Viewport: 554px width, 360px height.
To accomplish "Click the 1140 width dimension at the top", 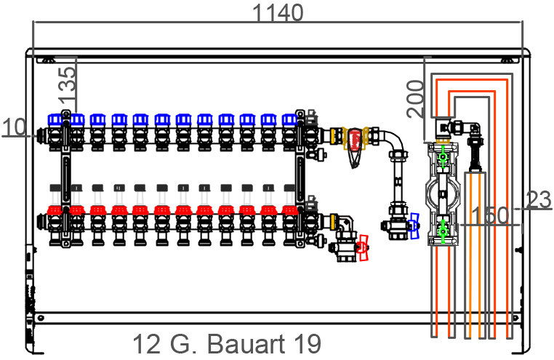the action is (278, 13).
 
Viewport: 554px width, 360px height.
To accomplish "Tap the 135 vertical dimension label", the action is (67, 85).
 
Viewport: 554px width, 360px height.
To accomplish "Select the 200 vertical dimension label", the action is (415, 99).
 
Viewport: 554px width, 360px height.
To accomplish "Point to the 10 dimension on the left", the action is (14, 127).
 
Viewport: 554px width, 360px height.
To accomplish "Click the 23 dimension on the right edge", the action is (539, 200).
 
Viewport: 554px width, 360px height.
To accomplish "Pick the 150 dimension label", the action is (490, 215).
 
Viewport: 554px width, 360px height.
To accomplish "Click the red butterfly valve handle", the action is (363, 248).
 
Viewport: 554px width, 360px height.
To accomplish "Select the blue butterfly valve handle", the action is (414, 226).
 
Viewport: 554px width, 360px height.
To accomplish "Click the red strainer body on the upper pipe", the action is (355, 140).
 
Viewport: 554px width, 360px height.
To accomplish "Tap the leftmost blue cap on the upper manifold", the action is (55, 120).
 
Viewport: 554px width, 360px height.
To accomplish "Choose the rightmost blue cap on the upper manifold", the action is (289, 120).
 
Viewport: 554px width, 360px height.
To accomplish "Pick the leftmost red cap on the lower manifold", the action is (55, 210).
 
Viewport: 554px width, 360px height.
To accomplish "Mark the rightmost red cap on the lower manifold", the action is (289, 210).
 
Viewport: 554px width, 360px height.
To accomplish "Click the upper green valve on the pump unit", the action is (442, 157).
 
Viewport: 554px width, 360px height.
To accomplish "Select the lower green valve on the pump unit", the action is (442, 231).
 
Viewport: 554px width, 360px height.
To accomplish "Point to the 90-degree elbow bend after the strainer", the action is (394, 140).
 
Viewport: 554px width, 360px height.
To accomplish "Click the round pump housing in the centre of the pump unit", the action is (443, 193).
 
